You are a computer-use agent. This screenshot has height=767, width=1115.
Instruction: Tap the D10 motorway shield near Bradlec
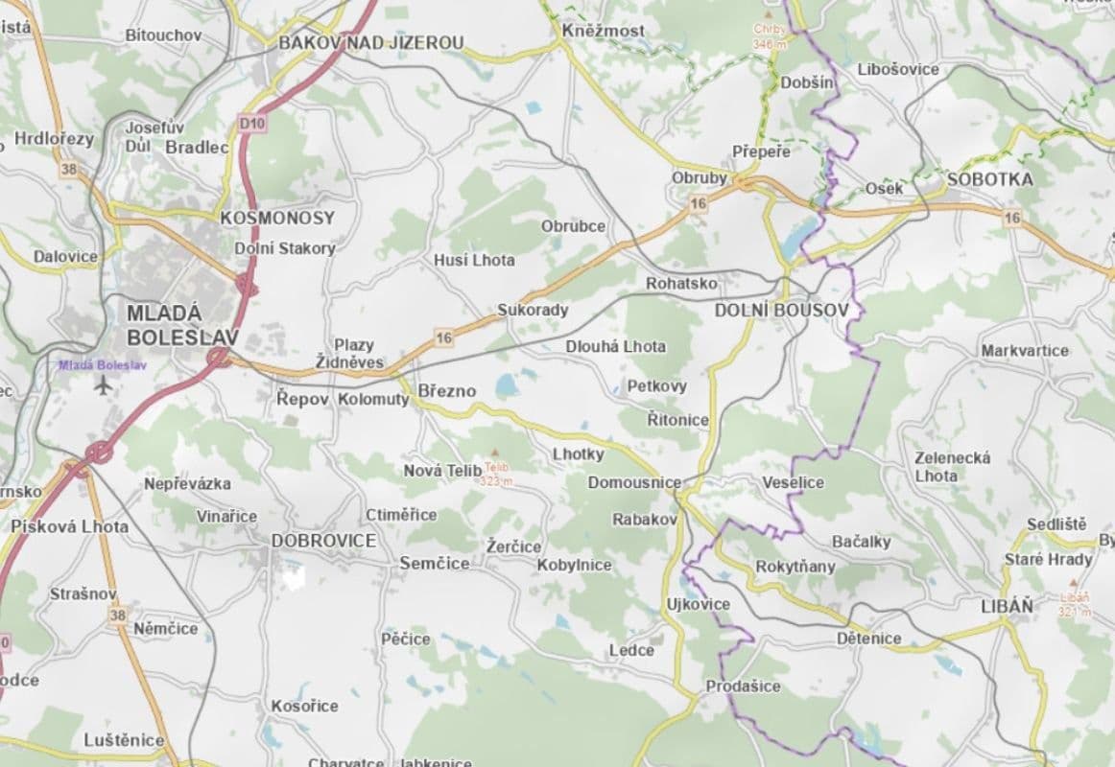pos(251,123)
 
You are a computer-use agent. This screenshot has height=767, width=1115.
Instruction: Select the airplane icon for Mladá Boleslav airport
pos(104,385)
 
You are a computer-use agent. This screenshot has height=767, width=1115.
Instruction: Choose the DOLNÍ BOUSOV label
pos(781,311)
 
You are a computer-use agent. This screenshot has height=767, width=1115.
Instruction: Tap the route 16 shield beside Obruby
pos(698,203)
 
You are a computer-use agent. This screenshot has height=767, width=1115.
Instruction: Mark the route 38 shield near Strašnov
pos(117,615)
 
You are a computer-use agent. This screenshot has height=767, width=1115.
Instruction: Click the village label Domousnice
pos(634,482)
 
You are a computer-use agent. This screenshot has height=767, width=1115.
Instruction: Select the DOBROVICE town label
pos(323,541)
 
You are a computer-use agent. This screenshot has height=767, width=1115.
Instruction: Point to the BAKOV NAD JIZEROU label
pos(370,43)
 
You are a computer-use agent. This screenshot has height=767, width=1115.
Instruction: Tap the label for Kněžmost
pos(603,32)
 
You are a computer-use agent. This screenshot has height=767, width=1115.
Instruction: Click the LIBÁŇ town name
pos(1008,606)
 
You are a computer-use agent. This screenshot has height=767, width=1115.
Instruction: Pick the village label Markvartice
pos(1024,351)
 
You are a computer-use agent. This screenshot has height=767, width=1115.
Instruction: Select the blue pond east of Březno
pos(506,385)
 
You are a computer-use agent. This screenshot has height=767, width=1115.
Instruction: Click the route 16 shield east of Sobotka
pos(1012,219)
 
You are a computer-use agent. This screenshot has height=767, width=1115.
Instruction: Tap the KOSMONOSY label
pos(276,218)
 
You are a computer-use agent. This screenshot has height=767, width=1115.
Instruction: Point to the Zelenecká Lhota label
pos(952,466)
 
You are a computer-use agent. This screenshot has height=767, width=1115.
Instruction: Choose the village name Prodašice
pos(743,686)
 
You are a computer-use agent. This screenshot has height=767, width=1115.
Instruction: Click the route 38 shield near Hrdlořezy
pos(68,169)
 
